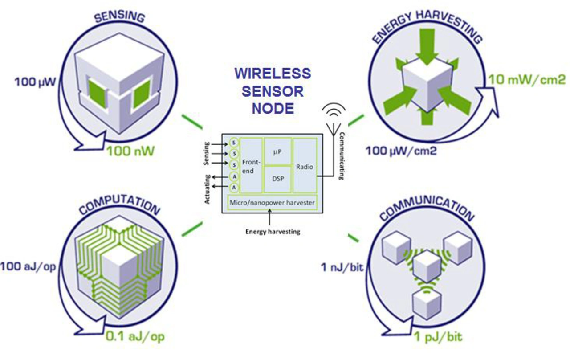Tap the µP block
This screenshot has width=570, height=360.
pos(278,151)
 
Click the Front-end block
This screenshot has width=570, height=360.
pos(251,166)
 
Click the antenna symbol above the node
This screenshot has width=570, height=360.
pos(334,118)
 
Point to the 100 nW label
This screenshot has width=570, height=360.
pos(130,151)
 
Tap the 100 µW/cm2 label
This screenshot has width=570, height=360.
pos(401,151)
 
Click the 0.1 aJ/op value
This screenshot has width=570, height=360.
pos(134,336)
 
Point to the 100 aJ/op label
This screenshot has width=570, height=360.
pos(29,267)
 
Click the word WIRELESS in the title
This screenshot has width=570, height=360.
pos(272,73)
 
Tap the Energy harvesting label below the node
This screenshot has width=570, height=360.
pos(273,231)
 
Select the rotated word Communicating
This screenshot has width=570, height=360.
pos(342,155)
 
